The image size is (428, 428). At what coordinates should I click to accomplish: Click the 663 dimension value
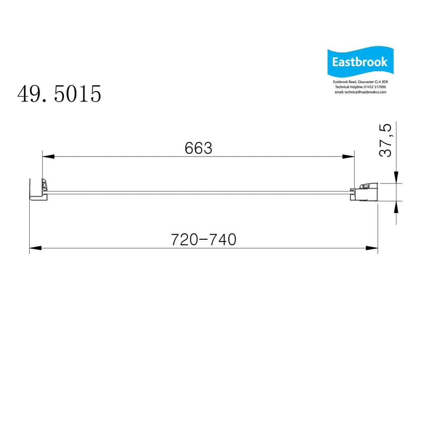(198, 148)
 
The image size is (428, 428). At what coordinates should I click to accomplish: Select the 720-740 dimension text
(203, 240)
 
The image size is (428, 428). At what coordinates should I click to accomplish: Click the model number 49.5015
(59, 94)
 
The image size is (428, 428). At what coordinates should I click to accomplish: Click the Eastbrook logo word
(360, 62)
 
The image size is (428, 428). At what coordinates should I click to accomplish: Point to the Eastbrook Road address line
(360, 82)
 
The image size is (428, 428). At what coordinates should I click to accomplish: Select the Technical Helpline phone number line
(360, 87)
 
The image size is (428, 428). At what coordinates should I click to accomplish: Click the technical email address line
(360, 92)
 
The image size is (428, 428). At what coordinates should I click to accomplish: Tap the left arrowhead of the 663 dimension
(48, 156)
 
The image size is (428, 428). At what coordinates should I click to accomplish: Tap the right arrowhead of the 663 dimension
(349, 156)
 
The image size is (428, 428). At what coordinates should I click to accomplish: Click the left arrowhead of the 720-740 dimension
(35, 248)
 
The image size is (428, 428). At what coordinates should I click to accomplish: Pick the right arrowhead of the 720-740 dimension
(372, 248)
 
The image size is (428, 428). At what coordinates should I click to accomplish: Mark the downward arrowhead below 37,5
(396, 177)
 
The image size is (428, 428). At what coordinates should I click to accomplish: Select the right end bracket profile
(365, 192)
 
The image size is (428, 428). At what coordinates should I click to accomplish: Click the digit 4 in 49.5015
(23, 94)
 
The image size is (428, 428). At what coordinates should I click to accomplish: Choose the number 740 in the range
(223, 240)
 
